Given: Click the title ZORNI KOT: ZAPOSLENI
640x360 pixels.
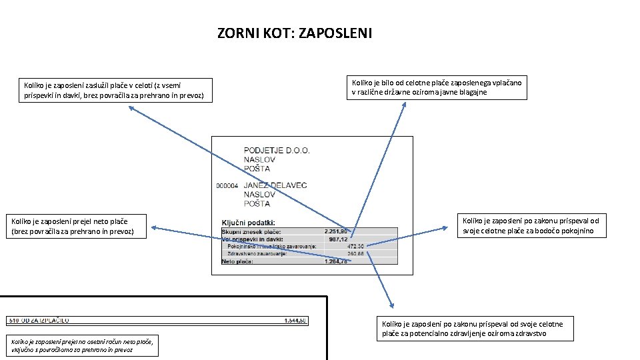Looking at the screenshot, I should coord(295,33).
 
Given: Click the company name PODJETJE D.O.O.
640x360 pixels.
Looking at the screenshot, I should coord(277,151).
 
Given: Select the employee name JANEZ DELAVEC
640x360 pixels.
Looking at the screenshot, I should coord(275,185).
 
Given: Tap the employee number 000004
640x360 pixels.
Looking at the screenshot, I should coord(227,186).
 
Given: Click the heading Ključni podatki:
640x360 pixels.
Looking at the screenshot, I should coord(248,222).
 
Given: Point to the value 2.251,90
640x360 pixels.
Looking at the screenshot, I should coord(335,231).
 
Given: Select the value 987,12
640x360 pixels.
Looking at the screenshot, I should coord(338,239).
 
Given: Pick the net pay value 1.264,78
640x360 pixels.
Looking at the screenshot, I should coord(335,261).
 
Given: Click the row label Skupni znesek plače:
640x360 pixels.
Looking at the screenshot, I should coord(247,231).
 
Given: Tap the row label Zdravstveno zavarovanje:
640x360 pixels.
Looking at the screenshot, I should coord(253,253).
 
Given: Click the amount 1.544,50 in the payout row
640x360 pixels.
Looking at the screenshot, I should coord(294,321).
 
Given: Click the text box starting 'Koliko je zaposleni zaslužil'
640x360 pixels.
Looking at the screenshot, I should coord(111,90).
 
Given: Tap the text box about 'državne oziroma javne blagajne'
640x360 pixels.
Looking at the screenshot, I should coord(437,87).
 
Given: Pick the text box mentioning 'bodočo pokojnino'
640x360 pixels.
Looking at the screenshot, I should coord(531,226).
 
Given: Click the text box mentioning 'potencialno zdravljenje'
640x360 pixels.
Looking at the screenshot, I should coord(473,329).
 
